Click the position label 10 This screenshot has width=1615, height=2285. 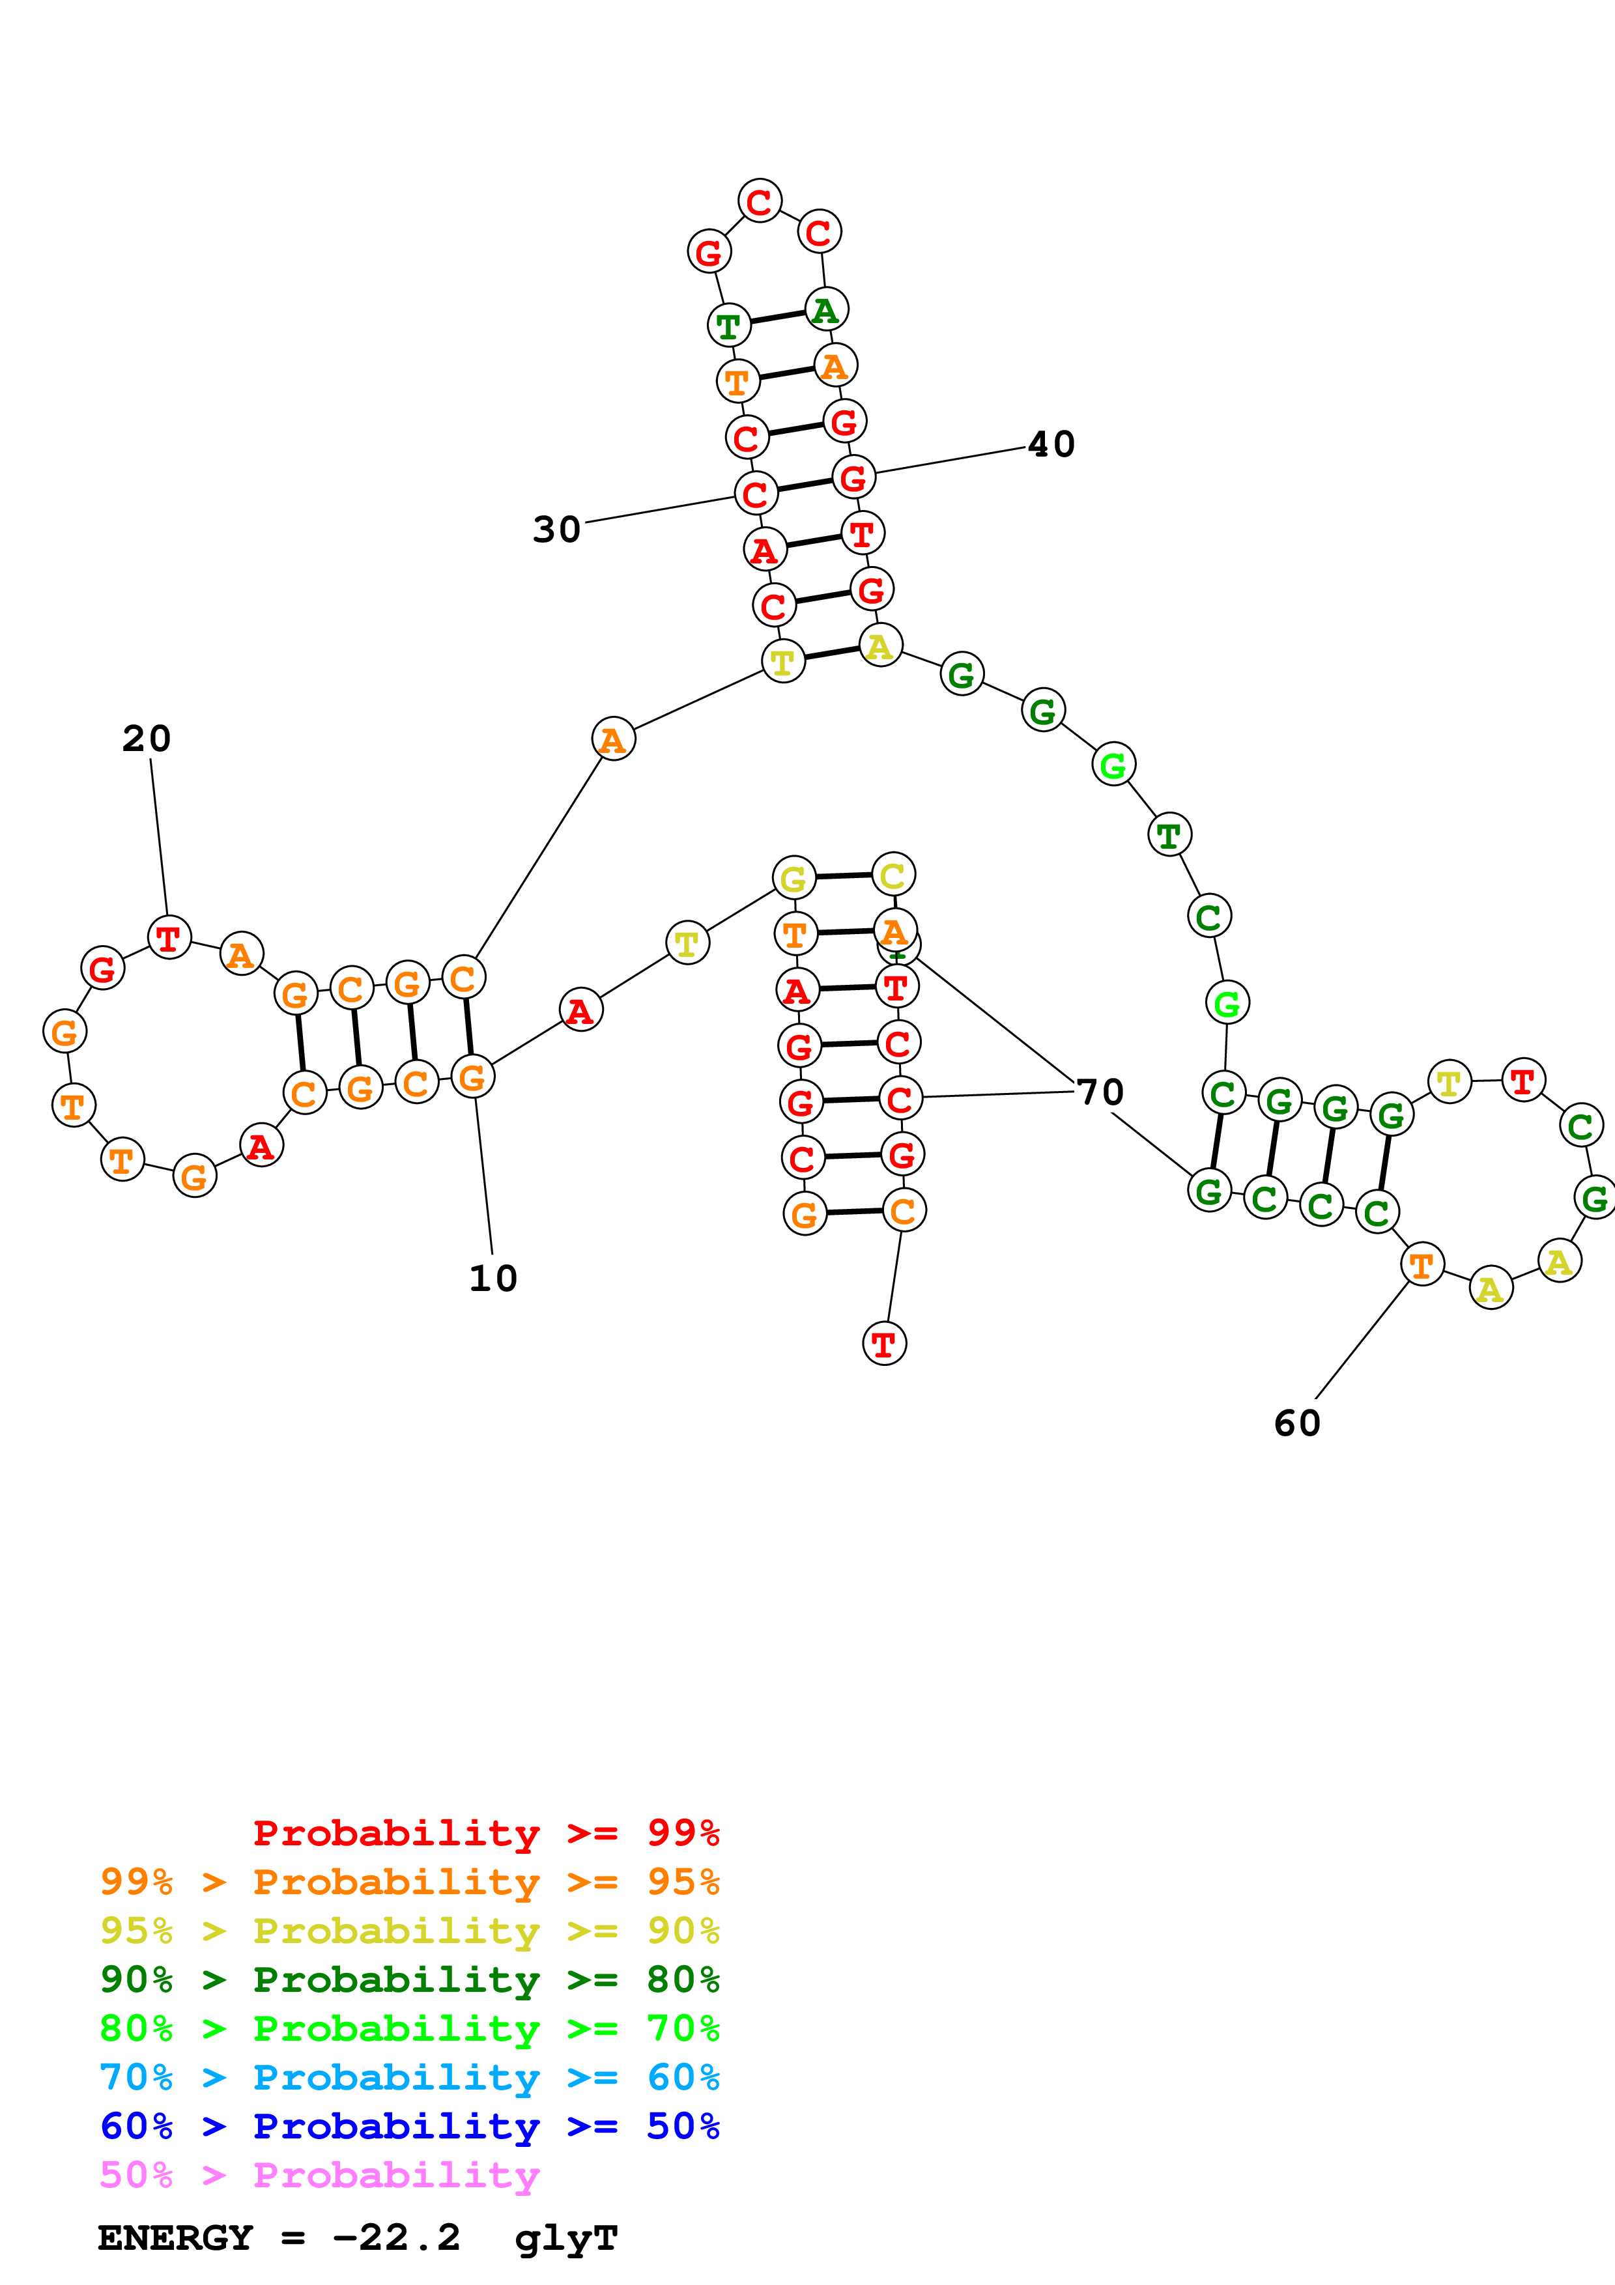493,1279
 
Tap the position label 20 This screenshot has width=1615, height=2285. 147,739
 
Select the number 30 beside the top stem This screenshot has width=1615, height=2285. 556,530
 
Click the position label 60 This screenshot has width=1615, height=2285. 1296,1423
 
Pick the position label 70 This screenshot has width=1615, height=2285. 1100,1092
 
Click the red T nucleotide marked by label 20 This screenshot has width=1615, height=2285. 169,937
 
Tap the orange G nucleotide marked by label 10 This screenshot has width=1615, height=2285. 473,1077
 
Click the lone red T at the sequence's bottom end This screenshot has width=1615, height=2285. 883,1344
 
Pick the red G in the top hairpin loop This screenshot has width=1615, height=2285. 709,252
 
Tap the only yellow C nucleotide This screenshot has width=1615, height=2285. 893,875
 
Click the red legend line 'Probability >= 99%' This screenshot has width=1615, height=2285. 485,1833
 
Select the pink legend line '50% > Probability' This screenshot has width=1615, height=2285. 319,2176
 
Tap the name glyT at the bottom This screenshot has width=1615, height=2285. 566,2238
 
